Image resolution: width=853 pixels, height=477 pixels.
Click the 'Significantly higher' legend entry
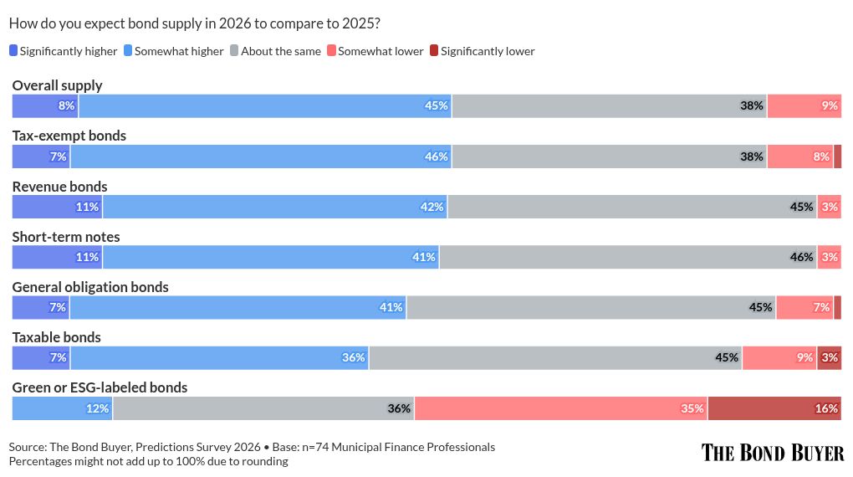point(63,51)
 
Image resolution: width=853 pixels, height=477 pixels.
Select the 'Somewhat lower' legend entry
point(375,51)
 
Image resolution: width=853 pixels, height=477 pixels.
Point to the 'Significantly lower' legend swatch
point(433,51)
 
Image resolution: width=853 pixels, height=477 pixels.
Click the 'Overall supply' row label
point(57,85)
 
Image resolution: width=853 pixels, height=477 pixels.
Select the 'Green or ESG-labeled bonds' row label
point(100,387)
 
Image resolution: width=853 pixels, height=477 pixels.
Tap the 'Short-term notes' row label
point(66,237)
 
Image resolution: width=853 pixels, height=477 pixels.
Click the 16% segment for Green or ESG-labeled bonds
point(774,408)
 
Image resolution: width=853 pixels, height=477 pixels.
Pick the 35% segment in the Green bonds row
point(560,408)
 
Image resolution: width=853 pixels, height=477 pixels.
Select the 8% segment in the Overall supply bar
point(45,106)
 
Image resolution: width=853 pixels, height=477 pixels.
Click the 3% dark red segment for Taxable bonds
point(829,358)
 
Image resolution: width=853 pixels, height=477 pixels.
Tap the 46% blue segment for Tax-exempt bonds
point(261,156)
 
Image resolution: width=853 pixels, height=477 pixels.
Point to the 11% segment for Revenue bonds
point(57,207)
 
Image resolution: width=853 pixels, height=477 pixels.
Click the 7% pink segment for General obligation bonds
point(804,308)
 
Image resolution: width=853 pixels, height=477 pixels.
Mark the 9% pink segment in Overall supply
point(804,106)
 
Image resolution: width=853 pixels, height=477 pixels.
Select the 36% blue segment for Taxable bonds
point(219,358)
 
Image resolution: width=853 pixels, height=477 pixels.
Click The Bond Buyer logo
point(772,453)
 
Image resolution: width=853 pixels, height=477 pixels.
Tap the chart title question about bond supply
point(194,23)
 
